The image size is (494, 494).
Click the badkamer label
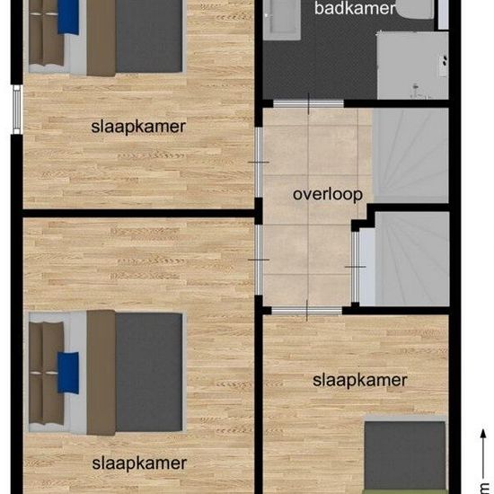(355, 8)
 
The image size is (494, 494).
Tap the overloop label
(328, 194)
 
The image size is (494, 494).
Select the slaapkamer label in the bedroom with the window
(138, 127)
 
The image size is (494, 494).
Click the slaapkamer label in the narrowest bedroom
(360, 380)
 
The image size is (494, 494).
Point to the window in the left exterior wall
(17, 110)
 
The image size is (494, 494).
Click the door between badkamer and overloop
(308, 103)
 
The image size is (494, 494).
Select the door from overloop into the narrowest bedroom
(306, 311)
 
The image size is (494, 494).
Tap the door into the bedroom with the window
(259, 162)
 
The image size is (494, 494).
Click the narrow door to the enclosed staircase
(355, 267)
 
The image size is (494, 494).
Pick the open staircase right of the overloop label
(410, 155)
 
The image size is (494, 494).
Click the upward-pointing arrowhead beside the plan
(483, 433)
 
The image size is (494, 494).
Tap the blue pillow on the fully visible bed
(68, 373)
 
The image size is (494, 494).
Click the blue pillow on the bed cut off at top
(68, 17)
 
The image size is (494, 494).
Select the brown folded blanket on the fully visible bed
(101, 373)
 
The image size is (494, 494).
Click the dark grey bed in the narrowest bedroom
(405, 455)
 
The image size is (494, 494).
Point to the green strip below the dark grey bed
(404, 492)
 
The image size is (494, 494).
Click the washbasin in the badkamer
(282, 20)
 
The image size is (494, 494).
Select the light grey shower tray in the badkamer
(413, 66)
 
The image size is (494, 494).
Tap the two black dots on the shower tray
(445, 60)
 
